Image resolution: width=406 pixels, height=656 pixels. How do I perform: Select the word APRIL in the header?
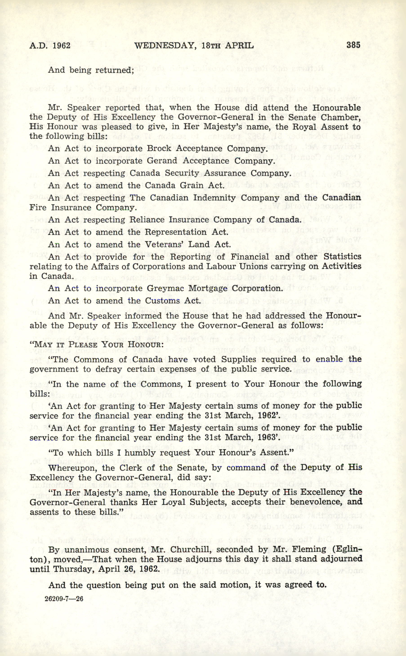point(239,46)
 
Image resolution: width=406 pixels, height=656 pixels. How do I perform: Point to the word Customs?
point(163,301)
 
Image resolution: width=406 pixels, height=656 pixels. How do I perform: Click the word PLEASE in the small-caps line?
point(88,345)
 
